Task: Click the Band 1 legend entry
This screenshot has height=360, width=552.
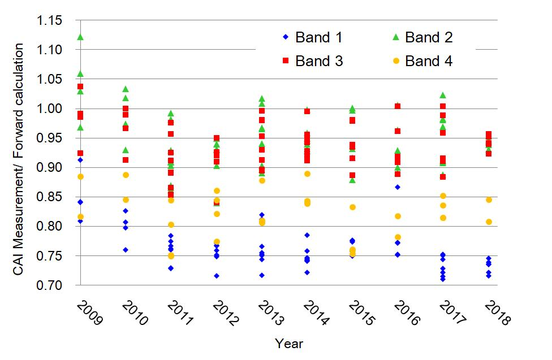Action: pos(313,37)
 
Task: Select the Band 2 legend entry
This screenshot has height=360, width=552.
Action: pos(422,37)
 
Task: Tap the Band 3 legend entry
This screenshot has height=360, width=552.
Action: pos(313,61)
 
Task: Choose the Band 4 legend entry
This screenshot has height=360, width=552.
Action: pos(422,61)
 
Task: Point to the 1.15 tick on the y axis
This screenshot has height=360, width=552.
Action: pos(49,20)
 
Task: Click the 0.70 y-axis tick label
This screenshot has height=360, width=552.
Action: pos(49,285)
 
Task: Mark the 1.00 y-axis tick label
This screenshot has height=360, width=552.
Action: pos(49,109)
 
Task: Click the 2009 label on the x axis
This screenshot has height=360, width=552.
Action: pos(89,313)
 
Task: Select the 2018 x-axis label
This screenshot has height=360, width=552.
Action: pos(497,313)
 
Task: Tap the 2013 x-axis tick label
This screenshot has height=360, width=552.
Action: pos(270,313)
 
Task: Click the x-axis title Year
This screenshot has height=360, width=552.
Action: pos(289,344)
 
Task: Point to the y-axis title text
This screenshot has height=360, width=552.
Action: pos(18,159)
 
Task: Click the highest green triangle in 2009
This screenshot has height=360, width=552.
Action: pos(80,37)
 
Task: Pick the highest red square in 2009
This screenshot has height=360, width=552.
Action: pos(80,86)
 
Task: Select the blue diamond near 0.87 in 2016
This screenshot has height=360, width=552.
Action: pos(398,187)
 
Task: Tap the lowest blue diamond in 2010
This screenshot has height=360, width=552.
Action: pos(126,250)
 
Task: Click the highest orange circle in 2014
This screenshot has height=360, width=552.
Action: pos(307,174)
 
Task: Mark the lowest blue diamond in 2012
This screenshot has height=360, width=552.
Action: pos(217,276)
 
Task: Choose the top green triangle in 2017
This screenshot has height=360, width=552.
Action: pos(443,95)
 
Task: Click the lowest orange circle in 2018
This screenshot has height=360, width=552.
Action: pos(489,222)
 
